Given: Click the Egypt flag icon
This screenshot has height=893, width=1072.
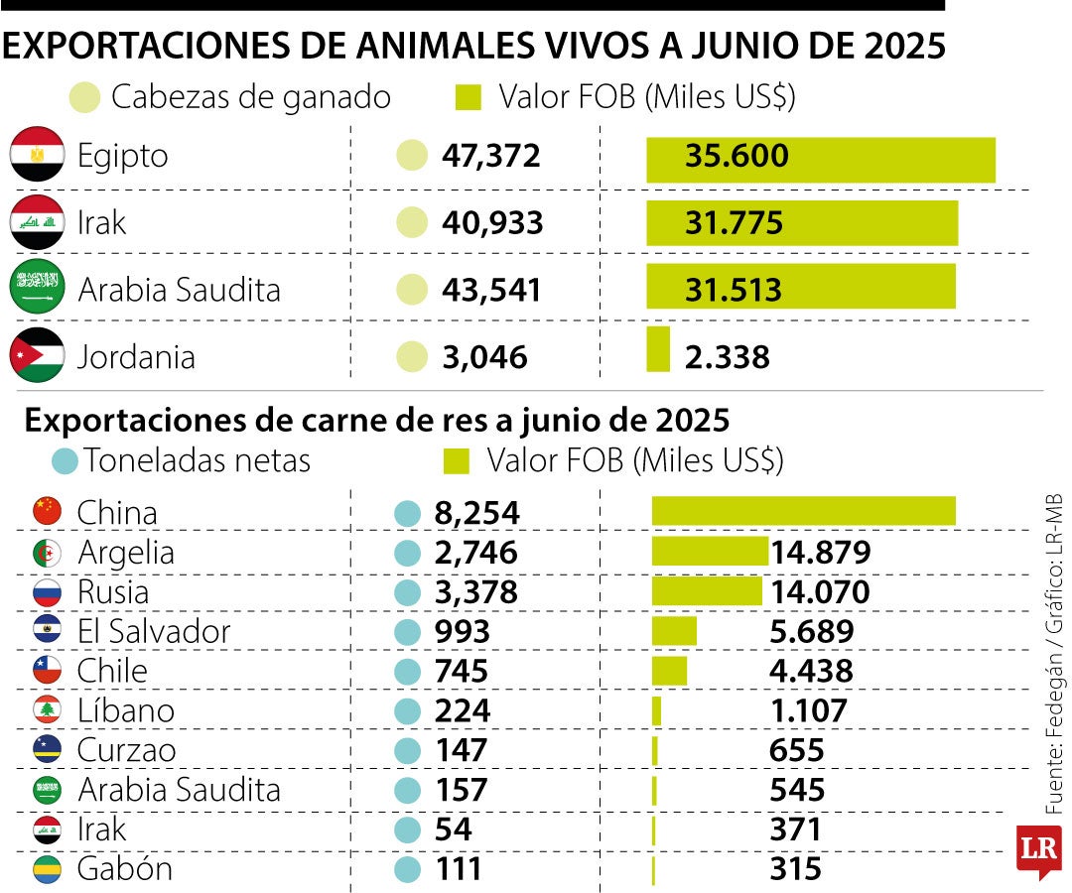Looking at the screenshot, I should click(37, 156).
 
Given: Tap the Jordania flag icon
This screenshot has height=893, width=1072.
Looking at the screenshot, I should click(37, 356).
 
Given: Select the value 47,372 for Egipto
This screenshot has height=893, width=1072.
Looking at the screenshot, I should click(490, 156).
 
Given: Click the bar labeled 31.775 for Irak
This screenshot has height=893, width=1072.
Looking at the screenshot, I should click(802, 223).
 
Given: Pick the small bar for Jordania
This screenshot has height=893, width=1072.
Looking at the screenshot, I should click(658, 350).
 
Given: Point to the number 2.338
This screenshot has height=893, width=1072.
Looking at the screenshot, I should click(727, 357).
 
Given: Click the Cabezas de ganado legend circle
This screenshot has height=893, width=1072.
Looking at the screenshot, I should click(85, 97).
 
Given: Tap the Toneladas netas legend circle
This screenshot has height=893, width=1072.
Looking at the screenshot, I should click(66, 461).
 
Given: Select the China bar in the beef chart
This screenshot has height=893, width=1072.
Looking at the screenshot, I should click(803, 511).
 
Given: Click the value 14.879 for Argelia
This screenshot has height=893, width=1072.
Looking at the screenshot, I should click(821, 553).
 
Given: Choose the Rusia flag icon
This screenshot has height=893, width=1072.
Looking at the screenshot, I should click(47, 592).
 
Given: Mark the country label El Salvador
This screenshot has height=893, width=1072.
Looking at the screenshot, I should click(154, 632).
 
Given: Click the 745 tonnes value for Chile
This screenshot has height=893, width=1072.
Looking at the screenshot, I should click(463, 672).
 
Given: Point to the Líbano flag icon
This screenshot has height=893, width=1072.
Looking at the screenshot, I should click(47, 710).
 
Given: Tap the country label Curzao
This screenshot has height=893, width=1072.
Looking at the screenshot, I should click(126, 750).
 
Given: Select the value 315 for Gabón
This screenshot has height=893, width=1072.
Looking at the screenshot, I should click(795, 869).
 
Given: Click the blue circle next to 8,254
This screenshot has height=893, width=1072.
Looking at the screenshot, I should click(408, 514).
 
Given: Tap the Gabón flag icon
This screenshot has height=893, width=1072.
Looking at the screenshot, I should click(47, 869).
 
